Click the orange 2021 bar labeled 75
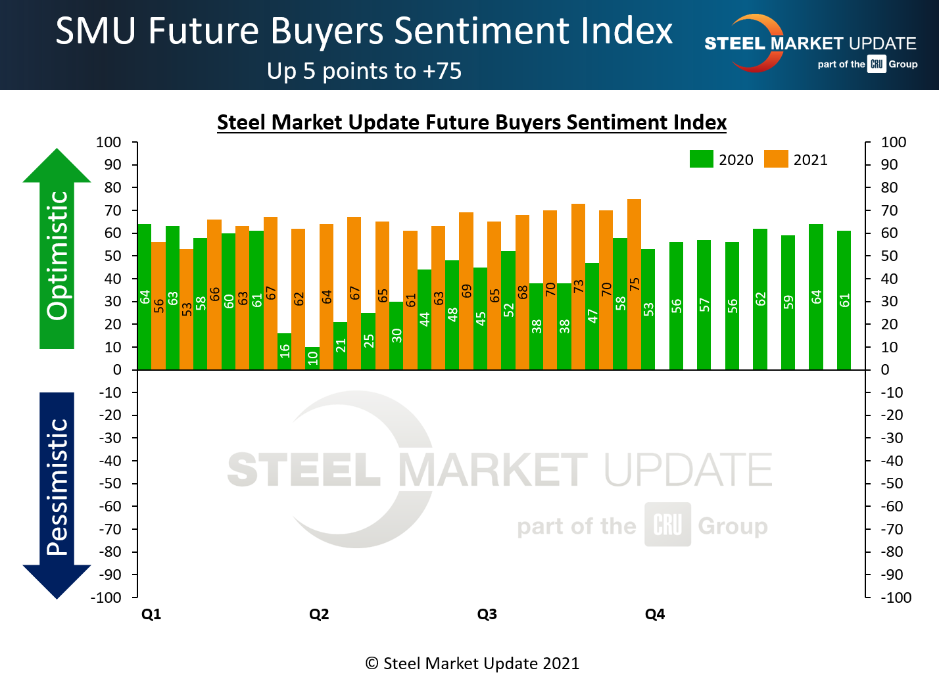634,284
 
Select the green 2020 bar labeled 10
312,358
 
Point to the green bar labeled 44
424,319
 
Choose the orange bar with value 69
466,291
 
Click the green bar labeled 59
788,302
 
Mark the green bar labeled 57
704,304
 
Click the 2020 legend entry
721,160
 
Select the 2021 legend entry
796,160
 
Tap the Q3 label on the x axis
487,614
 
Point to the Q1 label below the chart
151,614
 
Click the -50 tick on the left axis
110,483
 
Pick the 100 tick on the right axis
894,142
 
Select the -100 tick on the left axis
107,598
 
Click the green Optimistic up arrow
57,250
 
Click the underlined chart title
471,122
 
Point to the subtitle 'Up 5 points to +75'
364,71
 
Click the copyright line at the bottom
472,663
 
